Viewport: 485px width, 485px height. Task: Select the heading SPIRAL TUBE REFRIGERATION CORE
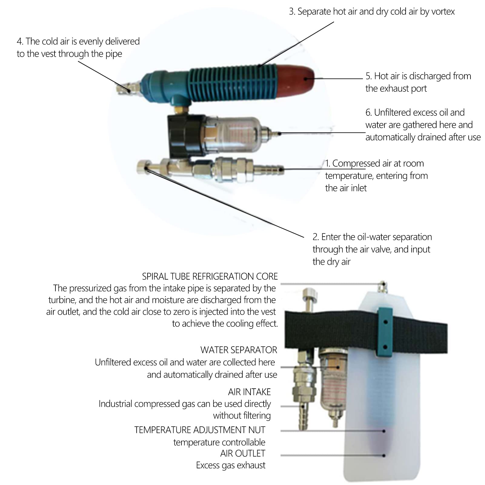point(210,276)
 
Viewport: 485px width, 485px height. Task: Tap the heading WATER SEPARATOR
point(239,350)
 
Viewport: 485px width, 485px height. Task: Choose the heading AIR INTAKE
point(249,392)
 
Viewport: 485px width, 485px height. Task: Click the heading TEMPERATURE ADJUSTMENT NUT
point(200,430)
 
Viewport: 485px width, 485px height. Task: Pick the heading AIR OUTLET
point(243,453)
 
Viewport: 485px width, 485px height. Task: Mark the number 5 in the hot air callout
point(368,76)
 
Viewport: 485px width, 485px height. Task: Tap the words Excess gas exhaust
point(231,465)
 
